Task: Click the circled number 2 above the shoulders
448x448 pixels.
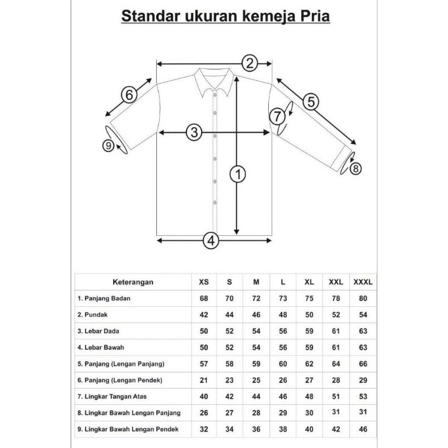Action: pyautogui.click(x=250, y=63)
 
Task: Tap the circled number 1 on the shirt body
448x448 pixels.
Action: pyautogui.click(x=239, y=175)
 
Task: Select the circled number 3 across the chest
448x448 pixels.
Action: pyautogui.click(x=194, y=133)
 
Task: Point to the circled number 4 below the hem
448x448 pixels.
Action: pyautogui.click(x=211, y=241)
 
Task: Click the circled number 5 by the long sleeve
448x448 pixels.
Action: pyautogui.click(x=311, y=101)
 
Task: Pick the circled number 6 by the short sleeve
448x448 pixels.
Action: pyautogui.click(x=129, y=95)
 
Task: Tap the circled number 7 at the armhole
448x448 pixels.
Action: pyautogui.click(x=277, y=116)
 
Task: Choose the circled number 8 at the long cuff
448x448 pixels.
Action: pyautogui.click(x=357, y=167)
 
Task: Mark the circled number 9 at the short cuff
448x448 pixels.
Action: pyautogui.click(x=109, y=146)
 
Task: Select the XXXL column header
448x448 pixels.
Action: pyautogui.click(x=363, y=282)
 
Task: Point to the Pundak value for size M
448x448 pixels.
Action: pyautogui.click(x=255, y=315)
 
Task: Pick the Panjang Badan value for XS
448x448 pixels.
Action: pyautogui.click(x=203, y=298)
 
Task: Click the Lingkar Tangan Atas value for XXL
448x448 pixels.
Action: pyautogui.click(x=336, y=396)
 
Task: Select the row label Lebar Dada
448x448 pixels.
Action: pyautogui.click(x=100, y=331)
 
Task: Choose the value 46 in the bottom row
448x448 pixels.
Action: pyautogui.click(x=363, y=429)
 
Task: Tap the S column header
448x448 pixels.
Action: pyautogui.click(x=229, y=282)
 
